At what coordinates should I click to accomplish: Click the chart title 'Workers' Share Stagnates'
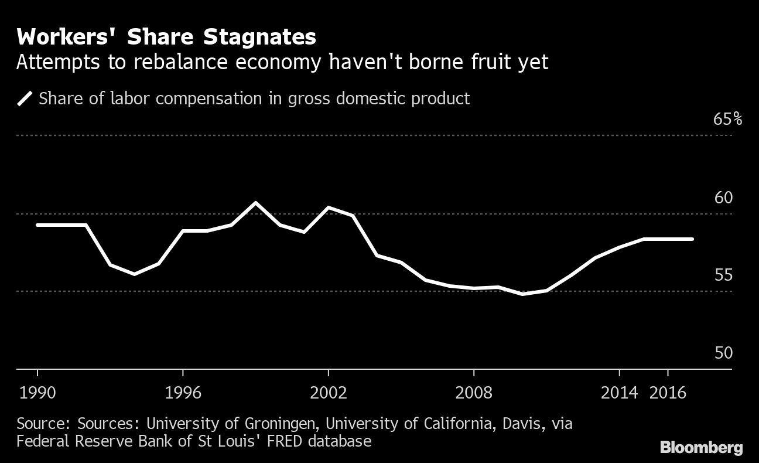click(x=166, y=38)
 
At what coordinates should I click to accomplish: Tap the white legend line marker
click(x=25, y=98)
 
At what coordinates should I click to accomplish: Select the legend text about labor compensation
click(x=254, y=98)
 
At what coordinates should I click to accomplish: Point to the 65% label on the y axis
click(x=727, y=120)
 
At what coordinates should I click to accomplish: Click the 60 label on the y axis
click(x=723, y=198)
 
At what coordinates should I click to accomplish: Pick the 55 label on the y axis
click(x=723, y=275)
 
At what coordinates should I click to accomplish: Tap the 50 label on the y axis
click(x=723, y=353)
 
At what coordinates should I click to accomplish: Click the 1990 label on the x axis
click(x=37, y=393)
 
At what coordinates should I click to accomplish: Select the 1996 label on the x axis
click(x=183, y=393)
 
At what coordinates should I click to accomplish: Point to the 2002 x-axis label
click(x=329, y=393)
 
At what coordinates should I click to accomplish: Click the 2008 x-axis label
click(x=474, y=393)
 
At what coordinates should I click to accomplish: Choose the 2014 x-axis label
click(x=619, y=393)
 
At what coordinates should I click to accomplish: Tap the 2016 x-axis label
click(x=668, y=393)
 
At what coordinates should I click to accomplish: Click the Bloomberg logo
click(x=701, y=448)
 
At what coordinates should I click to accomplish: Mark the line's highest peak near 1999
click(x=256, y=203)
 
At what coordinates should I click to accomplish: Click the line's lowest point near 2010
click(x=522, y=294)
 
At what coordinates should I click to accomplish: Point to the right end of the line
click(x=692, y=239)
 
